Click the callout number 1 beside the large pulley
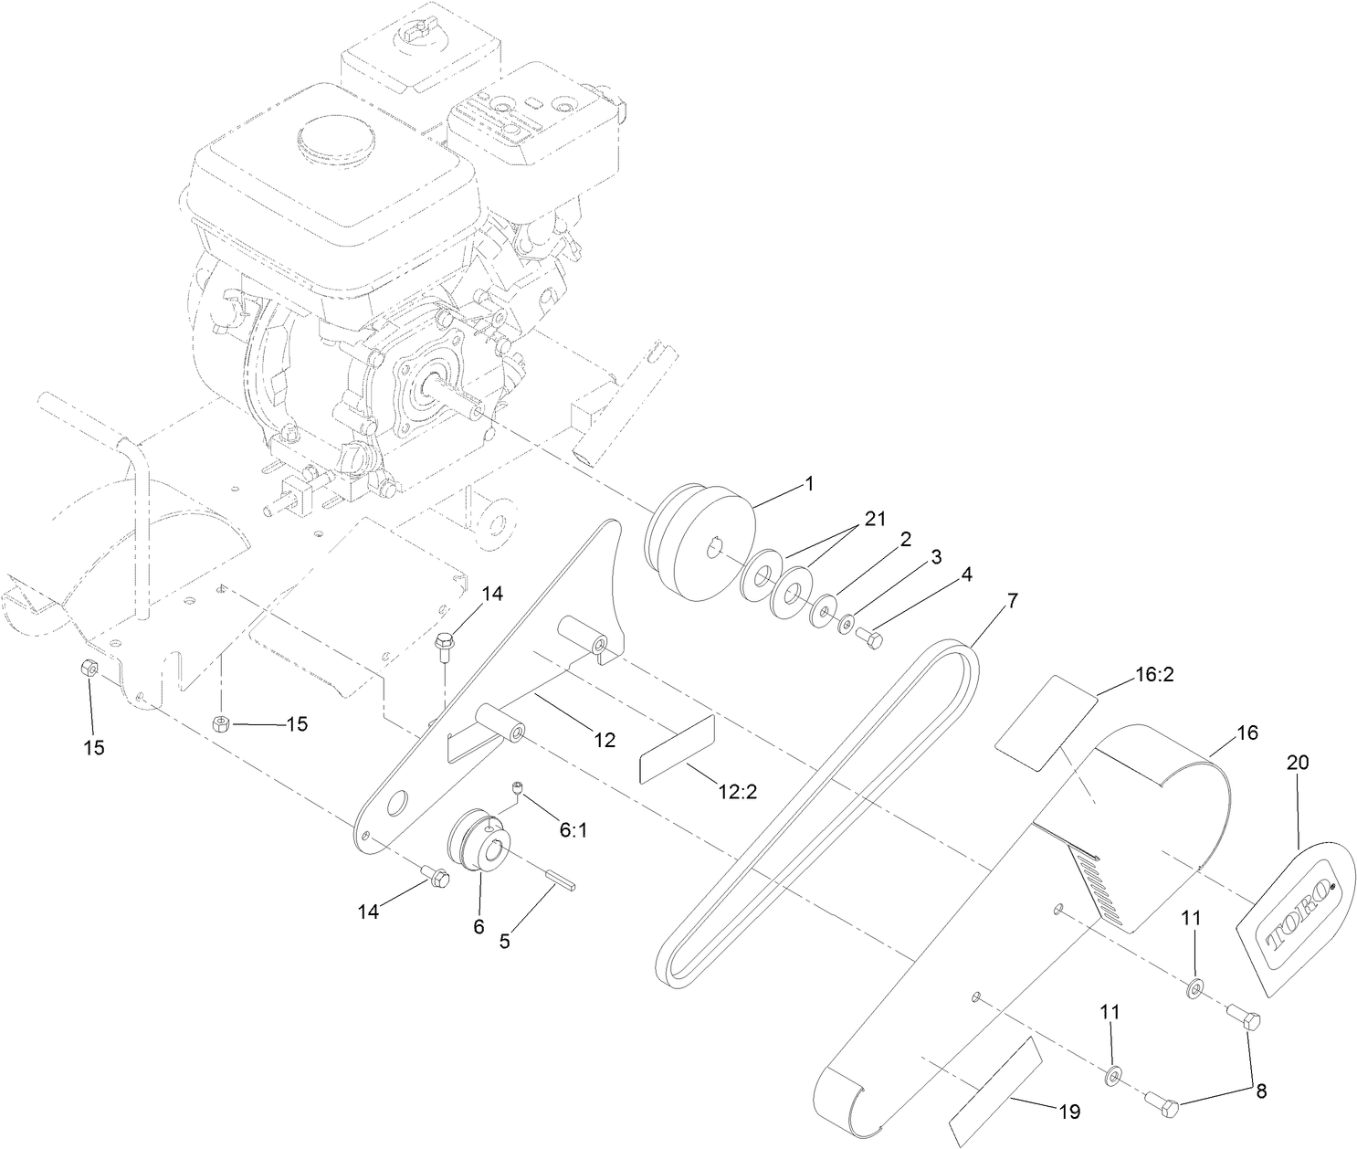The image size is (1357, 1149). tap(808, 484)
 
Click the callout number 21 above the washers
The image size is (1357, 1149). tap(875, 518)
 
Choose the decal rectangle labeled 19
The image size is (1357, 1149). tap(995, 1091)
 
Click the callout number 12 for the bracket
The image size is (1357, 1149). tap(604, 739)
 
